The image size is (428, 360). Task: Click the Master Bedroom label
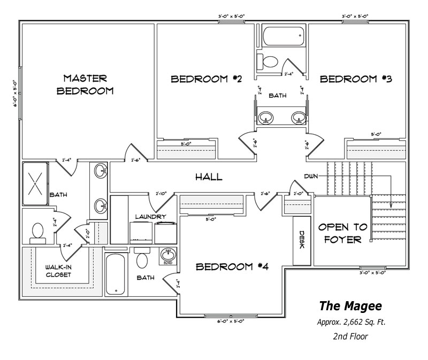[x=86, y=84]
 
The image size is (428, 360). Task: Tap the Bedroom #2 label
[x=207, y=80]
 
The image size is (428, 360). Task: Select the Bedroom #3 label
[x=356, y=80]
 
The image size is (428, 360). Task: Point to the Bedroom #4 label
[x=232, y=266]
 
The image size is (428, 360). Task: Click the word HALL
[x=209, y=177]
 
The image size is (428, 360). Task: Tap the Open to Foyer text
[x=342, y=233]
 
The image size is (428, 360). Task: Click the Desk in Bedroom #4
[x=302, y=240]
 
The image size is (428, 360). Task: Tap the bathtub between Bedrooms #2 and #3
[x=282, y=36]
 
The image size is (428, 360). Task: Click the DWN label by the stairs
[x=311, y=175]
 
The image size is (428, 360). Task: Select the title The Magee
[x=350, y=306]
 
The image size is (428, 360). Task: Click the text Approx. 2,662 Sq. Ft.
[x=350, y=323]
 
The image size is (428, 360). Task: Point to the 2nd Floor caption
[x=350, y=337]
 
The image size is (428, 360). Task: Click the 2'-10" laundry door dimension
[x=162, y=194]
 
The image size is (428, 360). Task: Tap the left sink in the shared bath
[x=266, y=118]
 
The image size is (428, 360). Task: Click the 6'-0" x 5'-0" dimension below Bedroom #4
[x=231, y=321]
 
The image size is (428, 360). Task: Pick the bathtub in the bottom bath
[x=115, y=274]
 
